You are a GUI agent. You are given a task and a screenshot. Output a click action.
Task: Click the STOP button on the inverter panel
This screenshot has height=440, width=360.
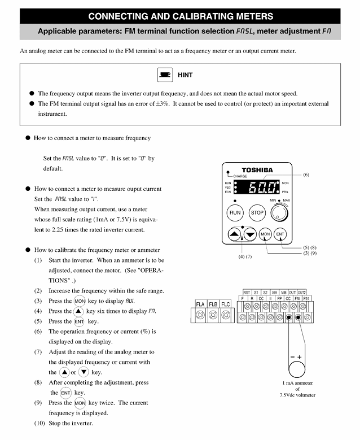pos(257,213)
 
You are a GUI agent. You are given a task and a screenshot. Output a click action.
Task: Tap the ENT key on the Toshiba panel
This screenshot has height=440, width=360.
pos(280,234)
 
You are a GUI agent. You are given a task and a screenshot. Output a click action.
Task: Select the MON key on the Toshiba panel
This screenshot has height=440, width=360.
pos(265,234)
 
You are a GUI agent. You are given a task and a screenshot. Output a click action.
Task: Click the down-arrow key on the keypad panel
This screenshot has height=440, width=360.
pos(250,234)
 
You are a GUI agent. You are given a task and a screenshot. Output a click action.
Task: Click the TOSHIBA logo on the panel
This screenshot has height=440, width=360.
pos(257,169)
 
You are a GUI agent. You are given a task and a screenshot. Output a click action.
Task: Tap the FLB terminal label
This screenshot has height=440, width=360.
pos(213,304)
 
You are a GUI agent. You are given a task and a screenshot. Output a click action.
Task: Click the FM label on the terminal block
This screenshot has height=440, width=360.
pos(297,298)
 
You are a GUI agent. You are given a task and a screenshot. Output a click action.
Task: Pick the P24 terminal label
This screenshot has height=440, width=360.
pos(306,298)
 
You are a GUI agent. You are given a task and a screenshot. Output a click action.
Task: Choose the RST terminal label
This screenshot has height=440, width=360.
pos(247,291)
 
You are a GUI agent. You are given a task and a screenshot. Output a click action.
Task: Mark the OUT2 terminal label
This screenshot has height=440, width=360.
pos(302,291)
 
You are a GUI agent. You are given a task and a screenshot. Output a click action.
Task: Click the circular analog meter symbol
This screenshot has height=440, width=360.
pos(297,371)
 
